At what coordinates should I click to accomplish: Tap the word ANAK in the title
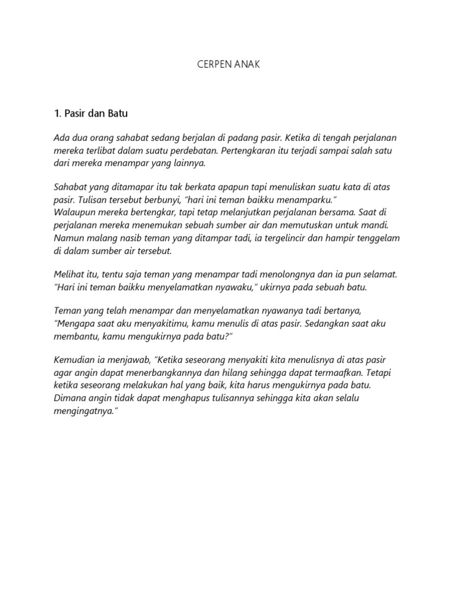(248, 65)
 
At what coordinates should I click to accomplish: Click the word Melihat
(70, 275)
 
